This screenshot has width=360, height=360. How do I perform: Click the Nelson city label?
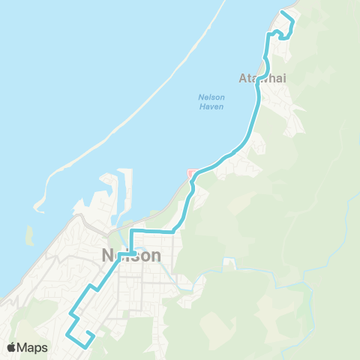[x=130, y=256]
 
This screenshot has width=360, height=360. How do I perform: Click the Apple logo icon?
[x=12, y=347]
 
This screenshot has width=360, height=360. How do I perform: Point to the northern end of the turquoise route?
[x=283, y=12]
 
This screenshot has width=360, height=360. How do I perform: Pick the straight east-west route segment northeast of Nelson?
[x=154, y=232]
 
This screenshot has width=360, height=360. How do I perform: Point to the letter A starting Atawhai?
[x=242, y=78]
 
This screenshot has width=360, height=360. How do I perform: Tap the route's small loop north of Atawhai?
[x=278, y=34]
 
